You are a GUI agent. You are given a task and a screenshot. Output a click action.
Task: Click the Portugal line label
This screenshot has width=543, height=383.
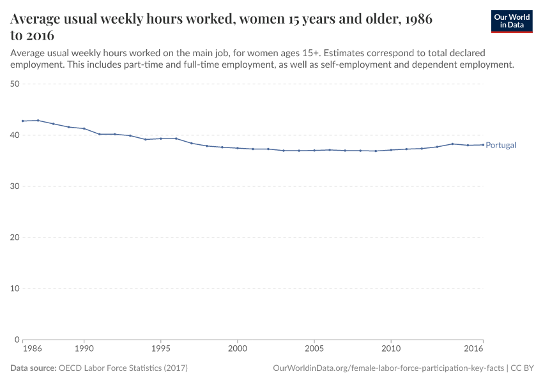pos(501,146)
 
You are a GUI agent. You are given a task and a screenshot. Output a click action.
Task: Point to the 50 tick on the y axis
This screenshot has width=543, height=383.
pos(15,84)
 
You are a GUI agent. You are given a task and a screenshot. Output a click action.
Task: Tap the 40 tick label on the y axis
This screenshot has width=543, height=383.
pos(15,135)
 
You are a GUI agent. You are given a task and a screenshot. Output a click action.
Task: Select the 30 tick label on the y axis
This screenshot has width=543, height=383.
pos(15,186)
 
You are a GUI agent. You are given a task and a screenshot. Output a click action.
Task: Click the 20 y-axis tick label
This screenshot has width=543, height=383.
pos(15,237)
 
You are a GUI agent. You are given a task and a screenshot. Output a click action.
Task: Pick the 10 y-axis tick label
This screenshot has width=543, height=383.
pos(15,289)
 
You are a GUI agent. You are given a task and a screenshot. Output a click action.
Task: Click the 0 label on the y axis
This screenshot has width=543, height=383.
pos(18,340)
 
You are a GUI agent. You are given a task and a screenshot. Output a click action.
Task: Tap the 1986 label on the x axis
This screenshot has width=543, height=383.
pos(32,349)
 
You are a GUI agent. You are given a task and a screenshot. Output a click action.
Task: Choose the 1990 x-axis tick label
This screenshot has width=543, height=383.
pos(84,349)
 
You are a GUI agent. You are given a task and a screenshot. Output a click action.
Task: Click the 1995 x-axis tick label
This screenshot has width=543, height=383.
pos(160,349)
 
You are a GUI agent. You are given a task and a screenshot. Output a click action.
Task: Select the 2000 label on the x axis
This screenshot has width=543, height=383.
pos(237,349)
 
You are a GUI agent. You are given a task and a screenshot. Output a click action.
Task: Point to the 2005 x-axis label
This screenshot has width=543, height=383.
pos(314,349)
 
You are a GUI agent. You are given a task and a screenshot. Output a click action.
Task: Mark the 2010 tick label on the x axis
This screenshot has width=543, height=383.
pos(390,349)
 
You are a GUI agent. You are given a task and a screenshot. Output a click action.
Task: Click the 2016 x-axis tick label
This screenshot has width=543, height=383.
pos(473,349)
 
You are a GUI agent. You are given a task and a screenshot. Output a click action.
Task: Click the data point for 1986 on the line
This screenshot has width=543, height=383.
pos(22,121)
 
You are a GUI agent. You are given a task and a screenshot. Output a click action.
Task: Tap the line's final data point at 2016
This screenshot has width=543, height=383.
pos(483,144)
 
